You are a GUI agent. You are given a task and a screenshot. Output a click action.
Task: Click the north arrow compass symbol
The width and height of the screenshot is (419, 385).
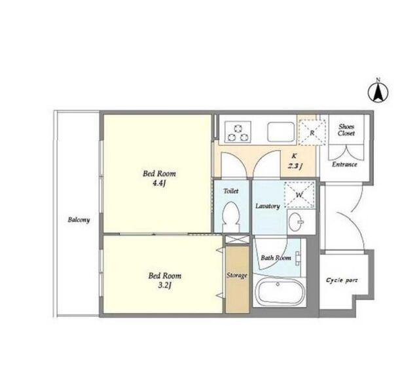click(378, 93)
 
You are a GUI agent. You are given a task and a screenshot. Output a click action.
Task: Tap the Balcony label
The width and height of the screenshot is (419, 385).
click(79, 220)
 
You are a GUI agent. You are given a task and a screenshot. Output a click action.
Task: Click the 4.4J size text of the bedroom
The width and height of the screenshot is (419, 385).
click(160, 183)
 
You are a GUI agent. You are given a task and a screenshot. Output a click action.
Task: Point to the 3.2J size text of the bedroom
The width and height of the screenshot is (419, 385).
click(164, 285)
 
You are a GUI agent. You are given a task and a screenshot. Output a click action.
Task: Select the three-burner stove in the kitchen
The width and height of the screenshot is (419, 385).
click(238, 132)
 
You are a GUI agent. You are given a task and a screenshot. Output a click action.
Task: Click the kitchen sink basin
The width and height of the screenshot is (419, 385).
click(281, 132)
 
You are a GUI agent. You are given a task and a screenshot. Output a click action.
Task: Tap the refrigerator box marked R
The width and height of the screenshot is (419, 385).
click(312, 132)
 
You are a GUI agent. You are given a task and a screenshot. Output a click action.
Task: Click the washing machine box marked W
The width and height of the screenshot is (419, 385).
click(299, 194)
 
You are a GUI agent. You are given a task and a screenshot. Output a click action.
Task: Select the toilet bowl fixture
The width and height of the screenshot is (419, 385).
click(230, 217)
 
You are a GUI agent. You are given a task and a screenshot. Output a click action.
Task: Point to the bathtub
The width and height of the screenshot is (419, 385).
click(280, 291)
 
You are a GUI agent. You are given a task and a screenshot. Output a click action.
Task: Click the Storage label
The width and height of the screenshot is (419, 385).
click(237, 275)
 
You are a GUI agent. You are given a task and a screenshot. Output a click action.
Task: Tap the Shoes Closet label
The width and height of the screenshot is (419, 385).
click(346, 130)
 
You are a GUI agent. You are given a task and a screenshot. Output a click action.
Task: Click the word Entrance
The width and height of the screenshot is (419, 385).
click(344, 164)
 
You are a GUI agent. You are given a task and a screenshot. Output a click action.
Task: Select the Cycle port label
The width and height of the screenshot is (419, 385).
click(342, 280)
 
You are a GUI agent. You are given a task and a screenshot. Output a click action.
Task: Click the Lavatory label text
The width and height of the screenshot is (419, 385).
click(268, 206)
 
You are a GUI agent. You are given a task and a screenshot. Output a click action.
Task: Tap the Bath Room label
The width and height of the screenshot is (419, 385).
click(276, 258)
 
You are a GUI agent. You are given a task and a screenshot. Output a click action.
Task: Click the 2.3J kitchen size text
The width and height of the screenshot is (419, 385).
click(295, 166)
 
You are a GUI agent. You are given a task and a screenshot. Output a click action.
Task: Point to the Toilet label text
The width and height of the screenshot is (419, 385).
click(231, 191)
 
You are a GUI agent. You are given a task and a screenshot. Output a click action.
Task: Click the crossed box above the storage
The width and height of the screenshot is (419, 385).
click(237, 240)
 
